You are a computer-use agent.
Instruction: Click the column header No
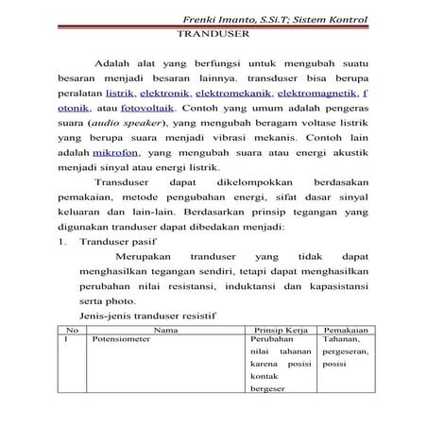[73, 331]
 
